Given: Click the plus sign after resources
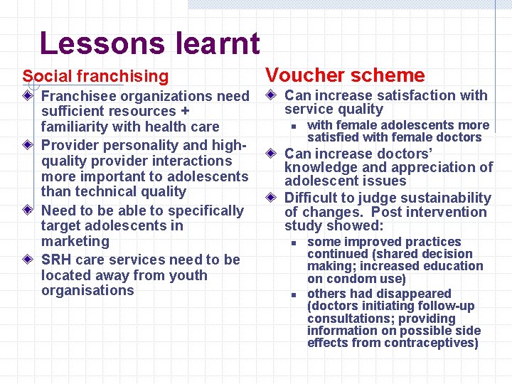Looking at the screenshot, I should [185, 112].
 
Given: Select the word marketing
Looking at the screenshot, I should [76, 241].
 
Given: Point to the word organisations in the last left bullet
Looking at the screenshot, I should [87, 290].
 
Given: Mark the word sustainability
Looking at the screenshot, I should [445, 198].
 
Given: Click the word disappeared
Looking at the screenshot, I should [417, 294].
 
